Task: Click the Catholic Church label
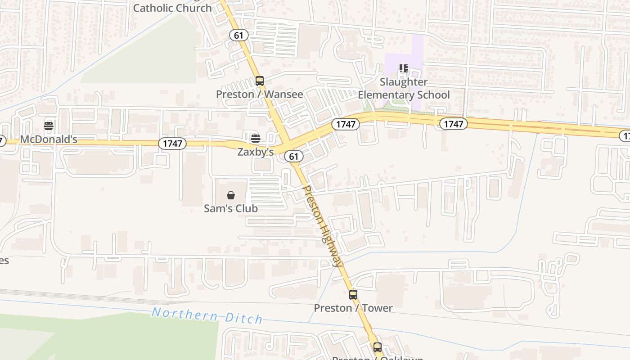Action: coord(172,8)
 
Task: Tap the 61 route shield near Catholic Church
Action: coord(239,35)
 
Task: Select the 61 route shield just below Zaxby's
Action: coord(294,156)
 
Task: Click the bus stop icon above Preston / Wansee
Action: coord(259,81)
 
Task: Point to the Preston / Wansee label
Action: coord(259,94)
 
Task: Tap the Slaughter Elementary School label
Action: coord(404,89)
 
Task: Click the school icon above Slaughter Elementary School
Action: coord(404,69)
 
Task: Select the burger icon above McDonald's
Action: coord(49,126)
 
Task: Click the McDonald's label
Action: coord(49,139)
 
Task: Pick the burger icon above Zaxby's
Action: coord(255,138)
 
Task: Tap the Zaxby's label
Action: coord(256,152)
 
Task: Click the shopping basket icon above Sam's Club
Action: coord(231,195)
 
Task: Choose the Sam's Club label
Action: coord(231,208)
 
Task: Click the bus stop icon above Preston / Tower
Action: coord(353,295)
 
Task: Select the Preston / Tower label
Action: coord(353,308)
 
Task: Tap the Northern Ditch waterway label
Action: coord(207,315)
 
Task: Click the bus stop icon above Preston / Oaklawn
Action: coord(377,347)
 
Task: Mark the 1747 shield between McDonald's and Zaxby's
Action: coord(172,144)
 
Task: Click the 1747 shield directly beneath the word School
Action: coord(453,124)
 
